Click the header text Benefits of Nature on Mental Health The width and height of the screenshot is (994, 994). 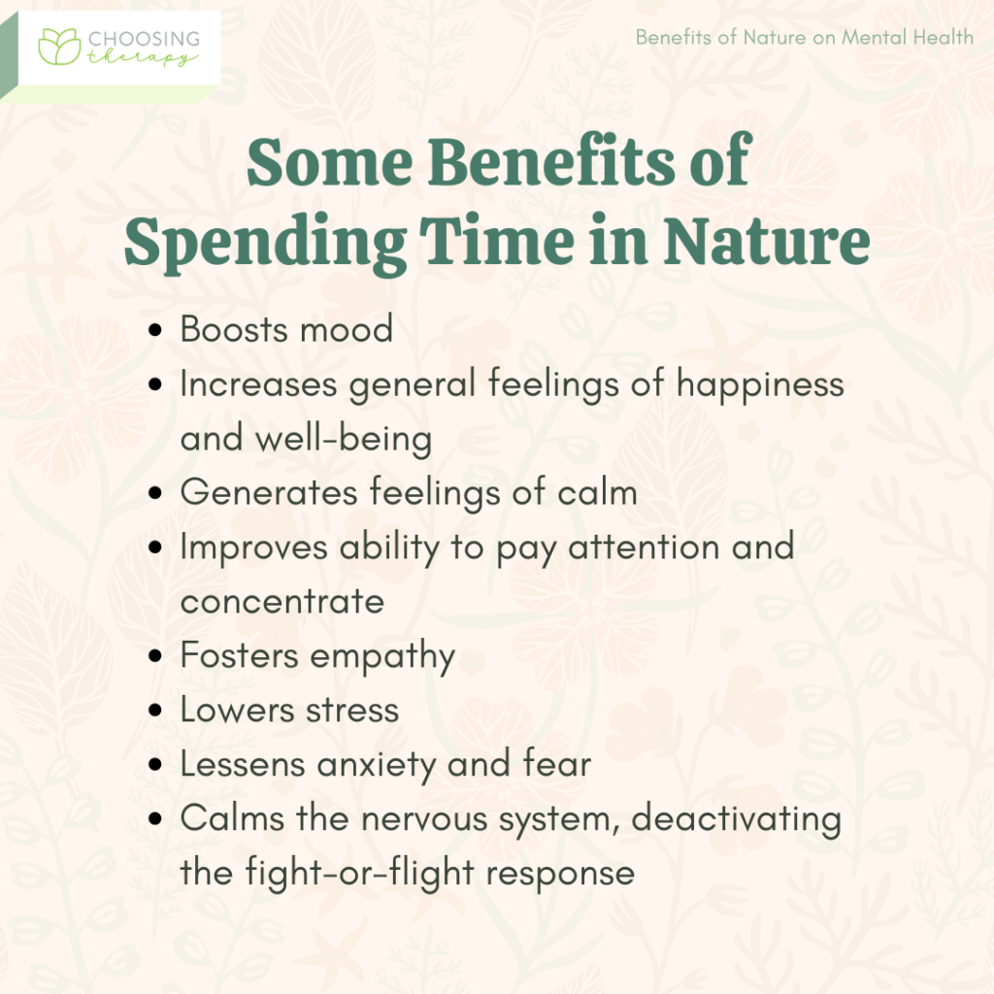tap(804, 38)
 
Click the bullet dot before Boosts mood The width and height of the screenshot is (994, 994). tap(157, 330)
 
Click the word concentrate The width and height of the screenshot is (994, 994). tap(282, 601)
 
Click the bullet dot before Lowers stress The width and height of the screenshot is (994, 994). tap(157, 710)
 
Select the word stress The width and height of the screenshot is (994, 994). tap(349, 710)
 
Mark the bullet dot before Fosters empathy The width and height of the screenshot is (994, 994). tap(157, 656)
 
